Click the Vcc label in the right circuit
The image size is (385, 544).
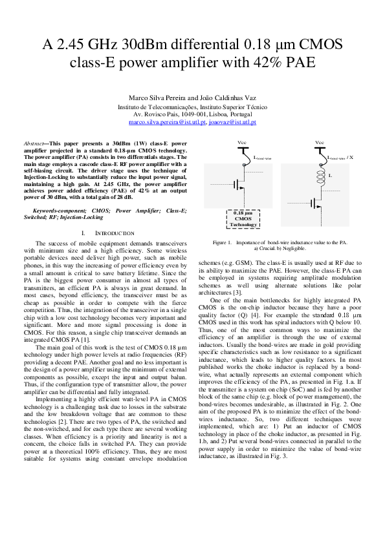click(319, 142)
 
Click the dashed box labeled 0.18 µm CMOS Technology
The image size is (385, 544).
click(243, 218)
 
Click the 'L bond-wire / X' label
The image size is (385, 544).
click(340, 157)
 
